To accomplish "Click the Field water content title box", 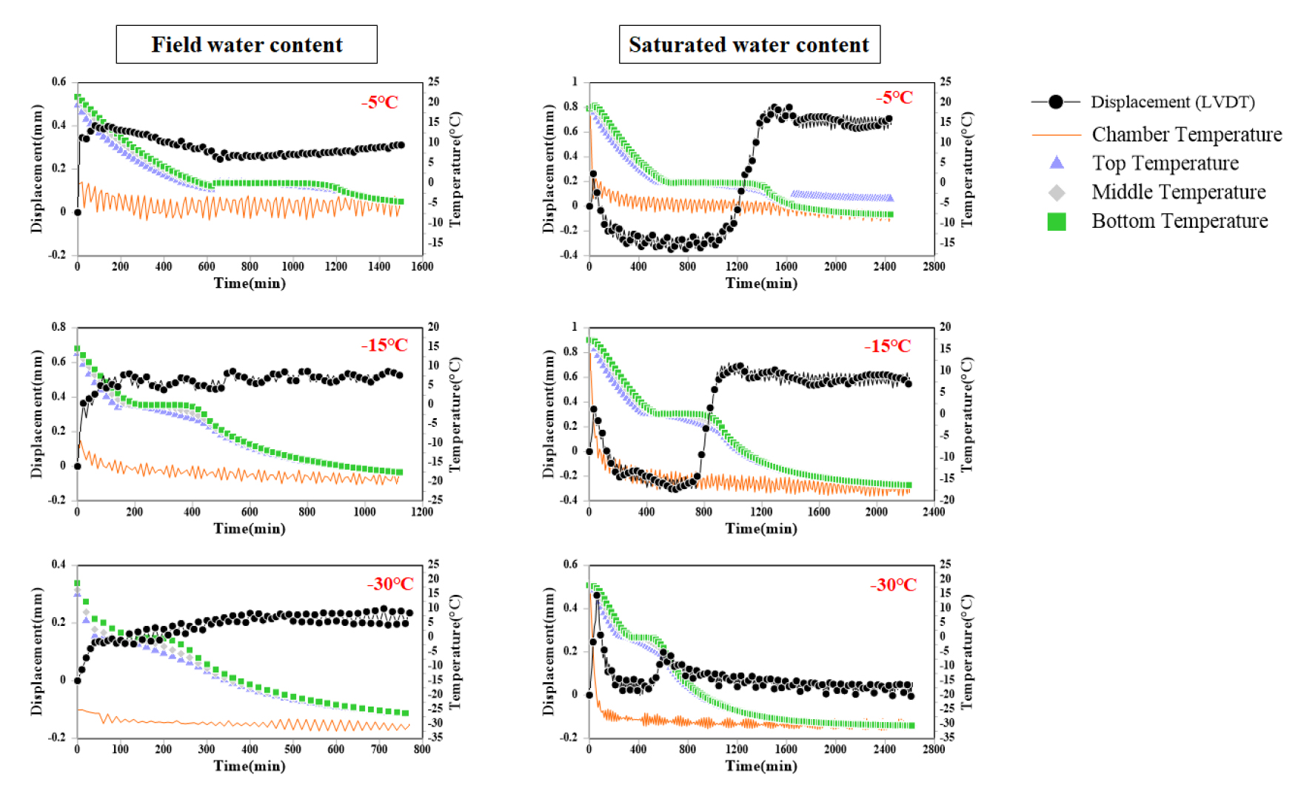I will (x=247, y=44).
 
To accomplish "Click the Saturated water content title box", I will (x=749, y=44).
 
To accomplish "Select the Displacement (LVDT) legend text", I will (x=1172, y=102).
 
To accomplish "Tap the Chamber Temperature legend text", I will (x=1186, y=135).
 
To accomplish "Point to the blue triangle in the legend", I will (x=1057, y=163).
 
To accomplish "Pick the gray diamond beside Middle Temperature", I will (x=1057, y=192).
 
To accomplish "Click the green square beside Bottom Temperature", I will (x=1057, y=221).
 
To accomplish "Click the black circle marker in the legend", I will (x=1056, y=102).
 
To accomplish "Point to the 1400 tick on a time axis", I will (x=379, y=266).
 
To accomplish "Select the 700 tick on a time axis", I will (x=379, y=749).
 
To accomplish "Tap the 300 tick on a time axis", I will (x=207, y=749).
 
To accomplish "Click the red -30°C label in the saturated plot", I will (x=893, y=585).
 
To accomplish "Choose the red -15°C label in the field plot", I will (x=384, y=346).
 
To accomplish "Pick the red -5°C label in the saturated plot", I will (x=894, y=98).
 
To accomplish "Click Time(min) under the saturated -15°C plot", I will (x=761, y=528).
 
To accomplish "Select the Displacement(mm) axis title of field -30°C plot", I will (x=37, y=651).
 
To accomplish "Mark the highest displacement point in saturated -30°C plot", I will (x=597, y=595).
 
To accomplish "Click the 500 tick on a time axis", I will (x=293, y=749).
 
